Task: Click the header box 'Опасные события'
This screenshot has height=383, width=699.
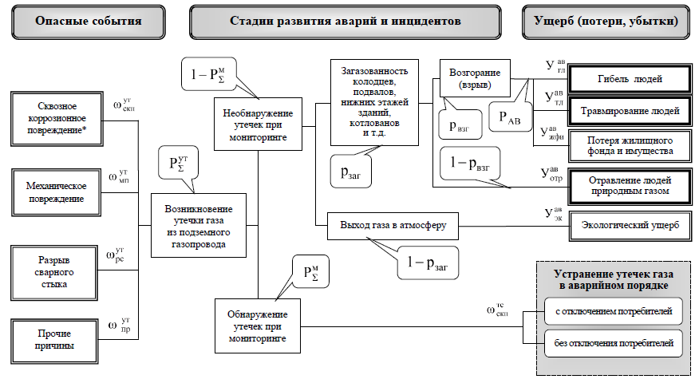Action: coord(88,21)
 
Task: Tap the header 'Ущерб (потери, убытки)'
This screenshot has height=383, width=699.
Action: coord(606,21)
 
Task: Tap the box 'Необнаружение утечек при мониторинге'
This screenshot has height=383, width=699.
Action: coord(258,124)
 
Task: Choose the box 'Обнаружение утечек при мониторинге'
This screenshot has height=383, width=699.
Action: coord(258,325)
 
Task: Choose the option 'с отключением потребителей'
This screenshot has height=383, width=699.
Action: coord(614,310)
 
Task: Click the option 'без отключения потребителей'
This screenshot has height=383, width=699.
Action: coord(614,345)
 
